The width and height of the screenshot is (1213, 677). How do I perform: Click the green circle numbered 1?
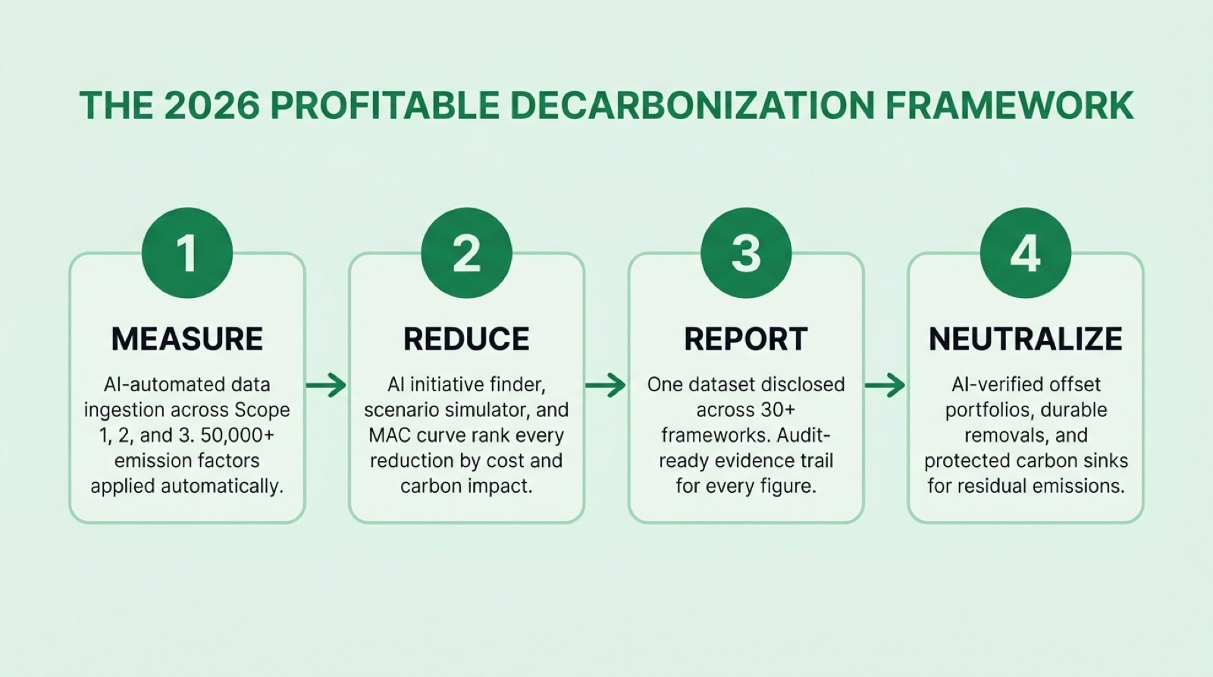tap(186, 252)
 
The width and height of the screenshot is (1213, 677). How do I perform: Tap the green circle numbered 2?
tap(466, 252)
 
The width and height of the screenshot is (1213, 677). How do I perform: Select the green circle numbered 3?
tap(746, 252)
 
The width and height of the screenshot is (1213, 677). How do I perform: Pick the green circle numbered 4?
tap(1025, 252)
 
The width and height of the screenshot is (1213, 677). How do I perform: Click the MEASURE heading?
tap(187, 339)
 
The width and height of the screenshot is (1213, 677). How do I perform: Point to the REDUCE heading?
tap(466, 339)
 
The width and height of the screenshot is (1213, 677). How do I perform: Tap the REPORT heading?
tap(746, 339)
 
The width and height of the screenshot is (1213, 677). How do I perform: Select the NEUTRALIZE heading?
tap(1025, 339)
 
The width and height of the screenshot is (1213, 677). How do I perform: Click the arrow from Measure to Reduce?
tap(327, 385)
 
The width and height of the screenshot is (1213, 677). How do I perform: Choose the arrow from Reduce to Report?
tap(606, 385)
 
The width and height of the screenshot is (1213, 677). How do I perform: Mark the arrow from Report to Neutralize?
tap(885, 385)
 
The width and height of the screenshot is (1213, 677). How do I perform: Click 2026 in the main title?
tap(212, 105)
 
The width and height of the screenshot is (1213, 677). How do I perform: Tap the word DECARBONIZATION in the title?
tap(693, 105)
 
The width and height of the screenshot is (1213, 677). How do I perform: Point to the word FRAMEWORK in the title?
tap(1009, 105)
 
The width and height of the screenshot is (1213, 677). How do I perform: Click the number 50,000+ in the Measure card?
tap(237, 435)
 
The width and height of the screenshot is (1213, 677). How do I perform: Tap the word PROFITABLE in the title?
tap(384, 105)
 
